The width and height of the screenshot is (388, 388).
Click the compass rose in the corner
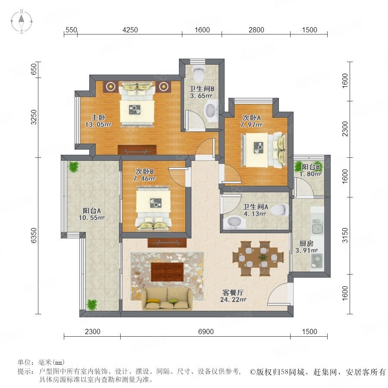click(x=22, y=21)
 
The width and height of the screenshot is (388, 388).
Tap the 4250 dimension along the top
click(x=130, y=30)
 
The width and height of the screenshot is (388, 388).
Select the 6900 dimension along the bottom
click(x=206, y=332)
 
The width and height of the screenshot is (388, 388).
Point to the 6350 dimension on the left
click(x=34, y=235)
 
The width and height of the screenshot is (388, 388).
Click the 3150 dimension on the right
click(x=345, y=235)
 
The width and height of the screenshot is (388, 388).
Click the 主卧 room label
click(x=98, y=117)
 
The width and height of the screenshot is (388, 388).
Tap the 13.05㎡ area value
click(x=98, y=125)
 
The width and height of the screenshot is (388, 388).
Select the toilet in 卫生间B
click(x=199, y=73)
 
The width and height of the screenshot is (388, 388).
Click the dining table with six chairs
click(x=258, y=258)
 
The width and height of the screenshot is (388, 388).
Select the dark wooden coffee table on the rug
click(x=167, y=272)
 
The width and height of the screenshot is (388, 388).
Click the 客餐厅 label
click(x=233, y=292)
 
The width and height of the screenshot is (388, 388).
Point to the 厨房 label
click(x=307, y=244)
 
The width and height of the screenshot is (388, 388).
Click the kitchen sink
click(x=317, y=227)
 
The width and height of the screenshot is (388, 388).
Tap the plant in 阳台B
click(x=298, y=166)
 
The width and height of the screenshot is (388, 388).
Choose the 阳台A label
click(x=91, y=210)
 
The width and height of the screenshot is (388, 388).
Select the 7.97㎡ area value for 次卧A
click(x=251, y=125)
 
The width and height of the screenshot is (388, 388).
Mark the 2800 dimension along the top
click(x=257, y=30)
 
